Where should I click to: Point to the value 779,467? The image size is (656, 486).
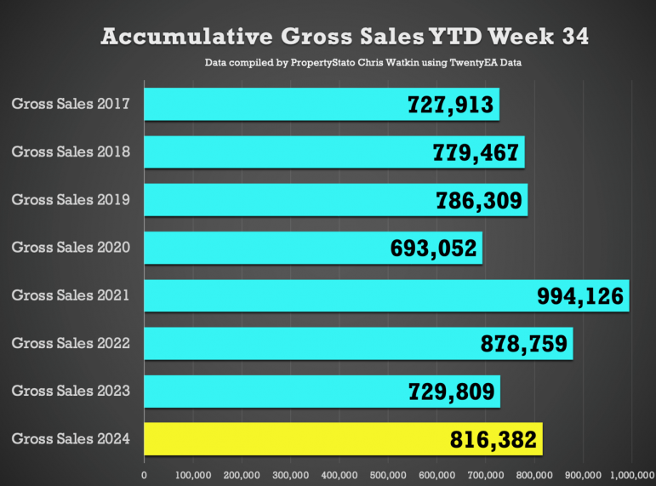tap(476, 152)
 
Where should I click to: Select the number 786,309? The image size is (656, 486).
tap(479, 200)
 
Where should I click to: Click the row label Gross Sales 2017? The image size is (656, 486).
tap(71, 105)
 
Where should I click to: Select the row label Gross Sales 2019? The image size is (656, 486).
tap(71, 200)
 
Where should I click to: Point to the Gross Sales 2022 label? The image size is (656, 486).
tap(71, 344)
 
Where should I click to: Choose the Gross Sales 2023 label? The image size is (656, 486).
tap(71, 392)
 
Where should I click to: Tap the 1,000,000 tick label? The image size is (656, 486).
tap(630, 474)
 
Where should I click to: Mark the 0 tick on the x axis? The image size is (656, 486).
tap(144, 474)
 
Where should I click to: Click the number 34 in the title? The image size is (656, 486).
tap(571, 37)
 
